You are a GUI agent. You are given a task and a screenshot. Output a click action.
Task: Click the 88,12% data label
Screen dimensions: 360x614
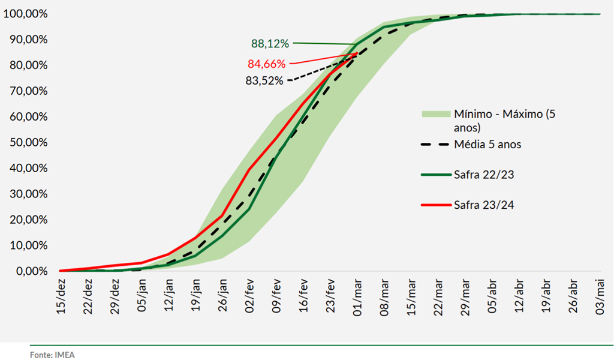pyautogui.click(x=270, y=44)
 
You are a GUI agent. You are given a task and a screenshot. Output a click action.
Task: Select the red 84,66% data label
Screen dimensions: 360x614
pyautogui.click(x=267, y=64)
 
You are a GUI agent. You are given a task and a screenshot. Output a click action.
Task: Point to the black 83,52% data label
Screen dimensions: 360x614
pyautogui.click(x=264, y=81)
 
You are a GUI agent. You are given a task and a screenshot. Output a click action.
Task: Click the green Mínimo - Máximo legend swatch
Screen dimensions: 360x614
pyautogui.click(x=435, y=113)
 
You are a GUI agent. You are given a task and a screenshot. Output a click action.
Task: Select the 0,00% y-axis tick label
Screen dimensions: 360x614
pyautogui.click(x=28, y=272)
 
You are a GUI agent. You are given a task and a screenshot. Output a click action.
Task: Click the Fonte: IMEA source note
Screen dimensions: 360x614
pyautogui.click(x=53, y=355)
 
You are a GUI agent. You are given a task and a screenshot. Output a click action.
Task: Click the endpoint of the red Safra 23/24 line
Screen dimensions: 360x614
pyautogui.click(x=357, y=53)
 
